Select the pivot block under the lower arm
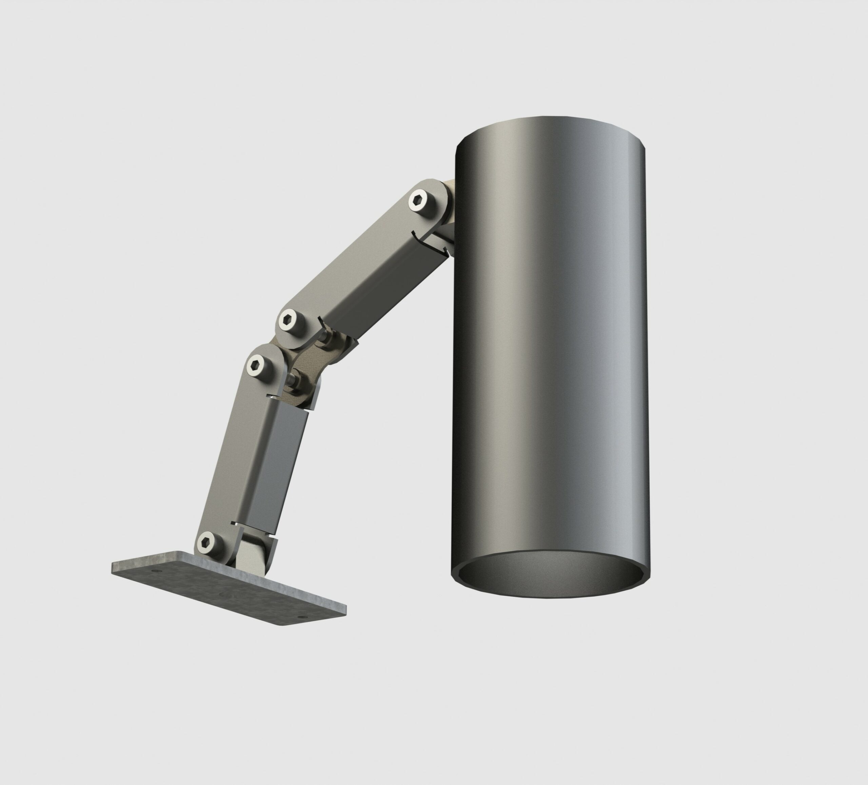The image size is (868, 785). click(x=250, y=555)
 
